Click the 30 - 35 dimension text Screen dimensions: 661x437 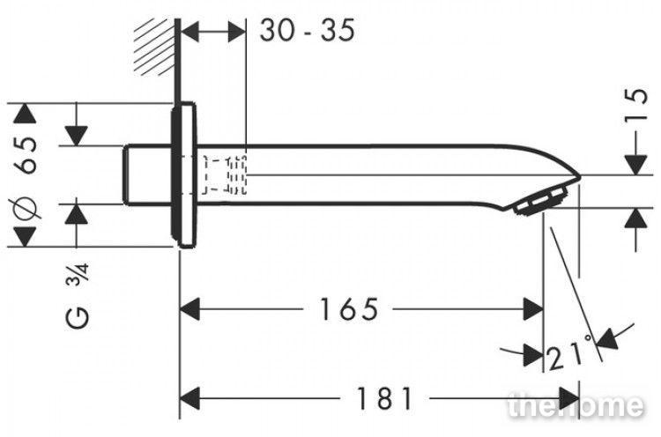coord(308,30)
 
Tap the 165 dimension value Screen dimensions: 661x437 coord(349,309)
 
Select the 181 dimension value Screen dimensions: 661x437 coord(384,398)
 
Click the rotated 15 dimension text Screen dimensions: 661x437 coord(635,105)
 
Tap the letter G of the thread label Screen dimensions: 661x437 coord(78,318)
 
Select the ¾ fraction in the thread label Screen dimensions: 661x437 coord(78,275)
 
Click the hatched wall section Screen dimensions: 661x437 coord(155,48)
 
